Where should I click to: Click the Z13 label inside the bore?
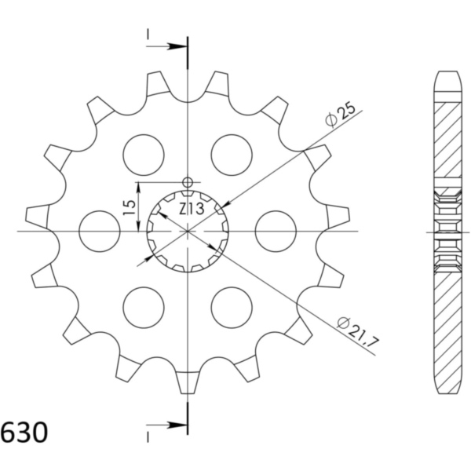192,209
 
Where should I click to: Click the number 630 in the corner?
24,433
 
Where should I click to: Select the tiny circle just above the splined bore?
187,183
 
